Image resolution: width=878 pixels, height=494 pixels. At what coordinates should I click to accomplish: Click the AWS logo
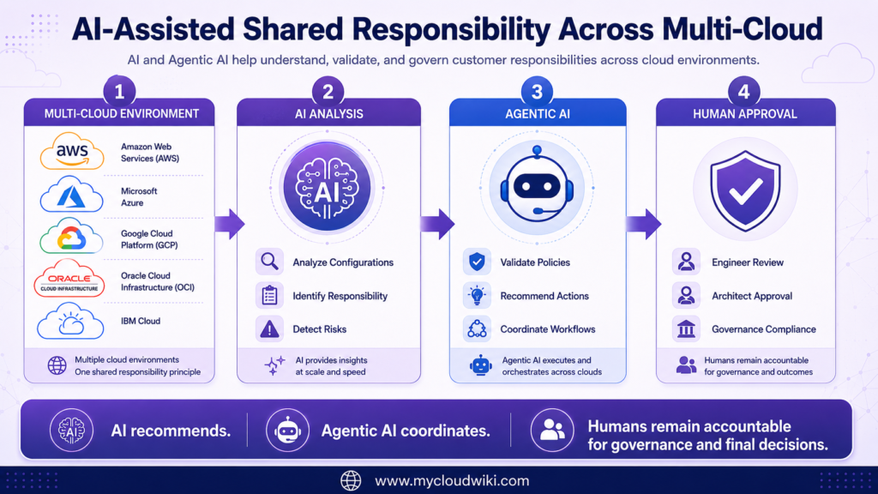point(72,151)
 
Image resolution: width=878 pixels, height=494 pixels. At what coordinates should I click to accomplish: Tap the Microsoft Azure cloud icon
point(72,195)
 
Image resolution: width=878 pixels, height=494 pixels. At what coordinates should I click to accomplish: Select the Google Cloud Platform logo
point(71,236)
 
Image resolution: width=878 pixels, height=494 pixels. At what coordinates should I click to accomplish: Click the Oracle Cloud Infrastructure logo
point(69,278)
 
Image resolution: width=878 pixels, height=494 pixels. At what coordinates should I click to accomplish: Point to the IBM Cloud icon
point(70,321)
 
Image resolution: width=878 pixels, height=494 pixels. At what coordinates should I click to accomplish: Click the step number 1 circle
point(119,91)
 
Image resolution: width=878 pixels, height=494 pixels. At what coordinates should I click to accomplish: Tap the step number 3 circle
point(537,91)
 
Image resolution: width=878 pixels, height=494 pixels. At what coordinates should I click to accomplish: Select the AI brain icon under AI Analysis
point(327,187)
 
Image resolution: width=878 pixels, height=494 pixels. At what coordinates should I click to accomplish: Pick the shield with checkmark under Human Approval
point(745,191)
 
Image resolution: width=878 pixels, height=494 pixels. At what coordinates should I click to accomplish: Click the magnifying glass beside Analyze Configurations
point(269,262)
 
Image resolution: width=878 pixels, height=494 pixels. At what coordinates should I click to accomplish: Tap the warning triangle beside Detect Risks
point(269,328)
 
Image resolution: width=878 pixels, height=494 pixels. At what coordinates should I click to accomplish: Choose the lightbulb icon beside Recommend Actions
point(477,295)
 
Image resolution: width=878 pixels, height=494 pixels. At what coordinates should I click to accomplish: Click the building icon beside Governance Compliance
point(686,328)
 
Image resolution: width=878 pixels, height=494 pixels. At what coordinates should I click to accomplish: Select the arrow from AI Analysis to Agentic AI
point(438,224)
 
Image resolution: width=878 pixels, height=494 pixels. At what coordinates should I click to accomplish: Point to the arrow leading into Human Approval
point(644,224)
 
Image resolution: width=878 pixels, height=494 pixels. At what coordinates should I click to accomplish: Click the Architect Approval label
point(751,296)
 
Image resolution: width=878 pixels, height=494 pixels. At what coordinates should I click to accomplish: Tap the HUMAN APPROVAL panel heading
point(745,114)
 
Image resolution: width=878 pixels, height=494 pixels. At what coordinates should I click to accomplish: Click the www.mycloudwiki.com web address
point(452,480)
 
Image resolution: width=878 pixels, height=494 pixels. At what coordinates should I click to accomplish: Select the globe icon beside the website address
point(351,480)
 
